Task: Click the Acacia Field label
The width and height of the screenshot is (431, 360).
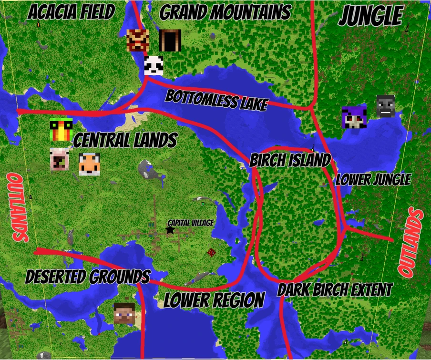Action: (x=71, y=12)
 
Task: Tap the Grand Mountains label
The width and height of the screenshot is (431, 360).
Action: (x=225, y=12)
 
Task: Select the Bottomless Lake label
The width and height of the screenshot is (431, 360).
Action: (x=216, y=100)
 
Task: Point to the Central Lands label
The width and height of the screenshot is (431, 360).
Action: (x=125, y=141)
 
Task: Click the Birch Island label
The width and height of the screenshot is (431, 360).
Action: (x=290, y=160)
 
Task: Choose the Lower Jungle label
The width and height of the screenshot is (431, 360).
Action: (x=373, y=180)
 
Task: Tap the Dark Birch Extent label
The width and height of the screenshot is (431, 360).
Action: (x=335, y=289)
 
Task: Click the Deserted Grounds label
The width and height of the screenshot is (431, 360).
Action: (x=88, y=277)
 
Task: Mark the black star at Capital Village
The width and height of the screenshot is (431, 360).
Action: (x=170, y=230)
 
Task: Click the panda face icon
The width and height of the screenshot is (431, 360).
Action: (x=154, y=65)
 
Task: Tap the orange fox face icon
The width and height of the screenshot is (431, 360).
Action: (x=89, y=165)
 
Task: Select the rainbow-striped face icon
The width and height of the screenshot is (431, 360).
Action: (x=61, y=130)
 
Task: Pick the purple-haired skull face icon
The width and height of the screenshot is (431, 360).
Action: (x=354, y=117)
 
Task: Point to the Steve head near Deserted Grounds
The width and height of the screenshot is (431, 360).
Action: (x=124, y=313)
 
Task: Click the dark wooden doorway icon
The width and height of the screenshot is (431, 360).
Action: (x=170, y=41)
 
